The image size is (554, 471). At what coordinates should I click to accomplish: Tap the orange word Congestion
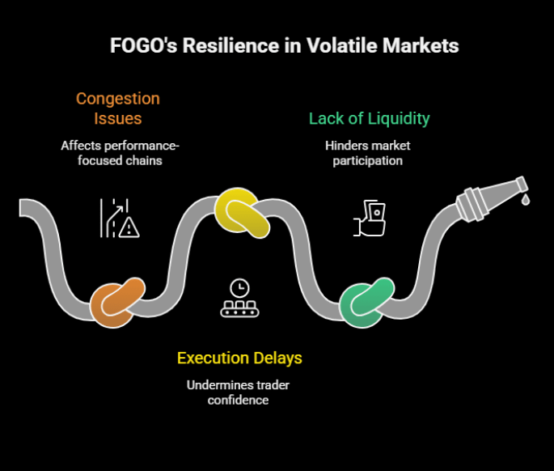click(x=118, y=99)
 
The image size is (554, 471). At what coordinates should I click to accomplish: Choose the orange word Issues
click(x=118, y=119)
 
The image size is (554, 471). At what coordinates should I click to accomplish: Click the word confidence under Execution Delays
click(x=239, y=400)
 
